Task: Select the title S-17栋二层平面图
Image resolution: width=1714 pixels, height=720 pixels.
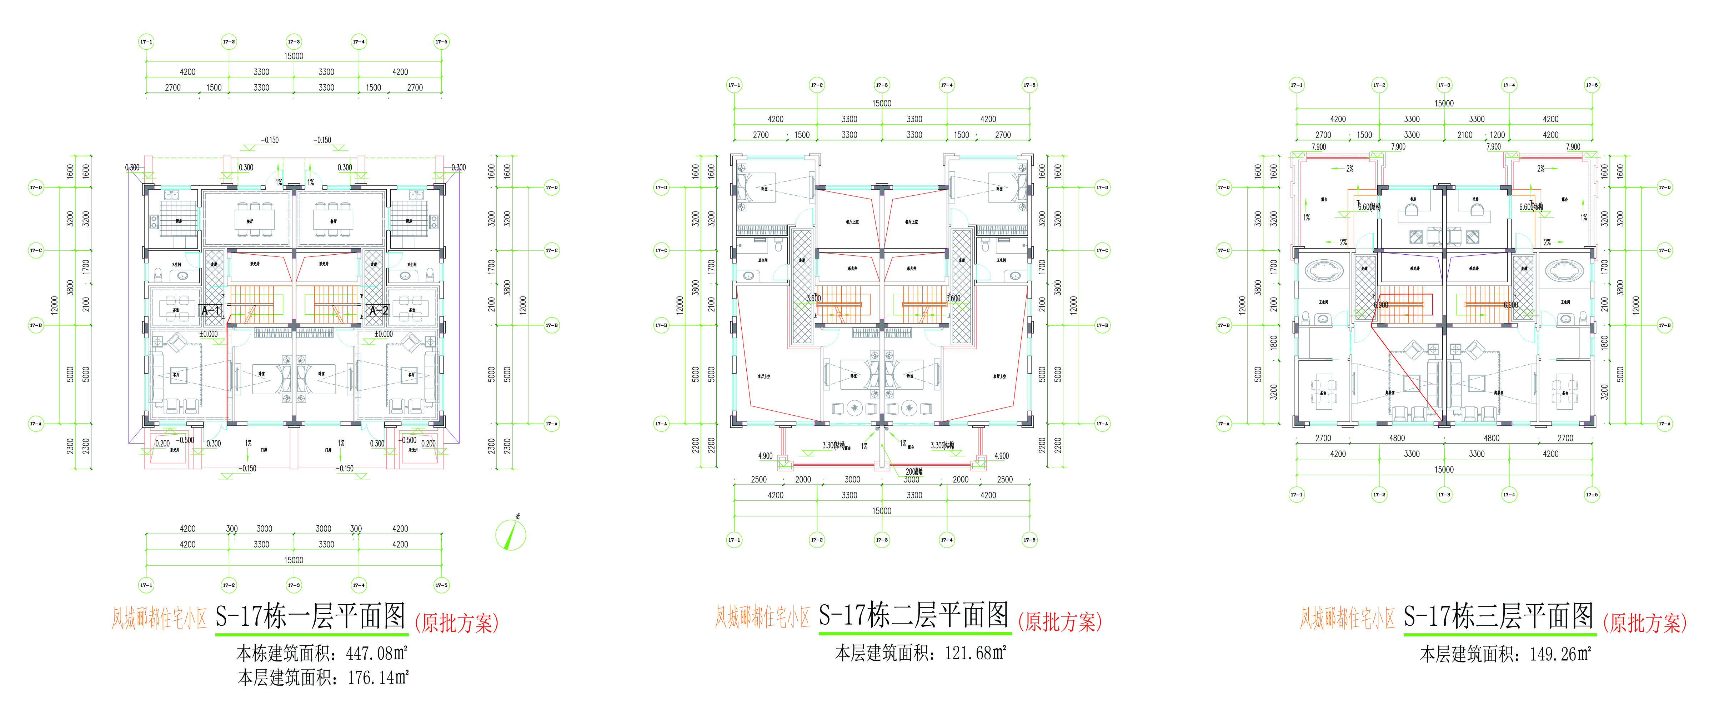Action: pos(913,615)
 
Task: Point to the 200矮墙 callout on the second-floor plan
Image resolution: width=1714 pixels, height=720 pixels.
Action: pos(913,471)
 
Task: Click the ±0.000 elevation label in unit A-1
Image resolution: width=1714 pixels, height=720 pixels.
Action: pos(208,334)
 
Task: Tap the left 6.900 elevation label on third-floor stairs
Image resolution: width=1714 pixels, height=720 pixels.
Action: pos(1381,305)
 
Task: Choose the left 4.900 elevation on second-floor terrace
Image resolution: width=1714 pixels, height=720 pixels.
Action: pos(765,456)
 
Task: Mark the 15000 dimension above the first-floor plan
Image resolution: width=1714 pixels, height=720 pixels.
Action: pos(294,56)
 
